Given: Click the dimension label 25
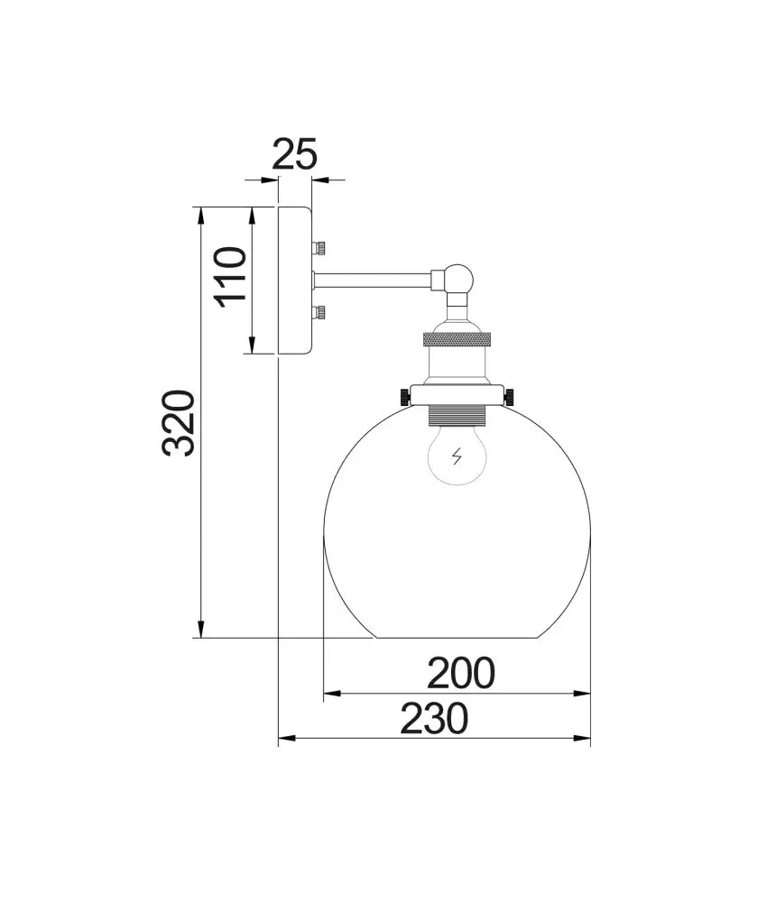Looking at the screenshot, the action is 294,154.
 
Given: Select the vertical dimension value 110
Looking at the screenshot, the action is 229,277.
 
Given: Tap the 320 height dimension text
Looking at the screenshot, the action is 179,423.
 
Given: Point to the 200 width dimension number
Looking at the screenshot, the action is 460,673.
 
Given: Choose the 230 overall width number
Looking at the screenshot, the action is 434,719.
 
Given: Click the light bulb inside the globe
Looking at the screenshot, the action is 457,456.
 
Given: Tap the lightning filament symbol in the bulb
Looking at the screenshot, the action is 457,456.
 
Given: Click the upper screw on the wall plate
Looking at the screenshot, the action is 319,248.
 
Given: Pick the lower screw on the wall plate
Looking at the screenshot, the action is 319,313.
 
